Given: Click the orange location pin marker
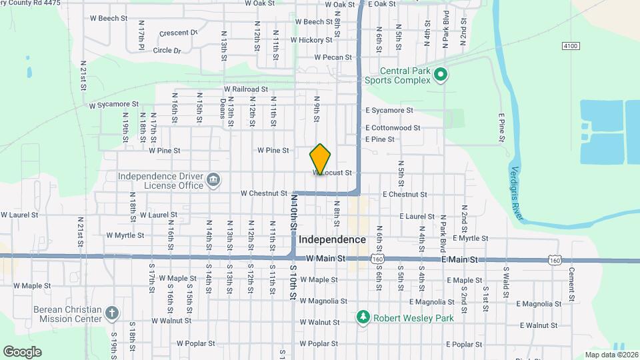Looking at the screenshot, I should point(321,159).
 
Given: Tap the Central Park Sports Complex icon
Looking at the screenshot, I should point(440,75).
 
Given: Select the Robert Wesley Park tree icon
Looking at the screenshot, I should point(363,317).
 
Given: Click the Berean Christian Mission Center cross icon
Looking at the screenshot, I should point(113,313).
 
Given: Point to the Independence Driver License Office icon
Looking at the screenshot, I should point(213,180).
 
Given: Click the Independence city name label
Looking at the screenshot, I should point(332,239).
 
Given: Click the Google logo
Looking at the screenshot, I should point(22,351).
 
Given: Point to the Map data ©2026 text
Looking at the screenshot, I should point(611,355).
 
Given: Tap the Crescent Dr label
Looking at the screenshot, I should point(179,33).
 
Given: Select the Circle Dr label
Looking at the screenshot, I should point(167,50).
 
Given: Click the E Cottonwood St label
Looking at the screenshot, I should point(393,127).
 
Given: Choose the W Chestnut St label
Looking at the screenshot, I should point(263,194).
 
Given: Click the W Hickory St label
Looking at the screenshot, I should point(311,40).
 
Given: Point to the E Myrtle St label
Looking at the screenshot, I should point(470,238).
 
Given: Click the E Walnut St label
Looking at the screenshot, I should point(539,325).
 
